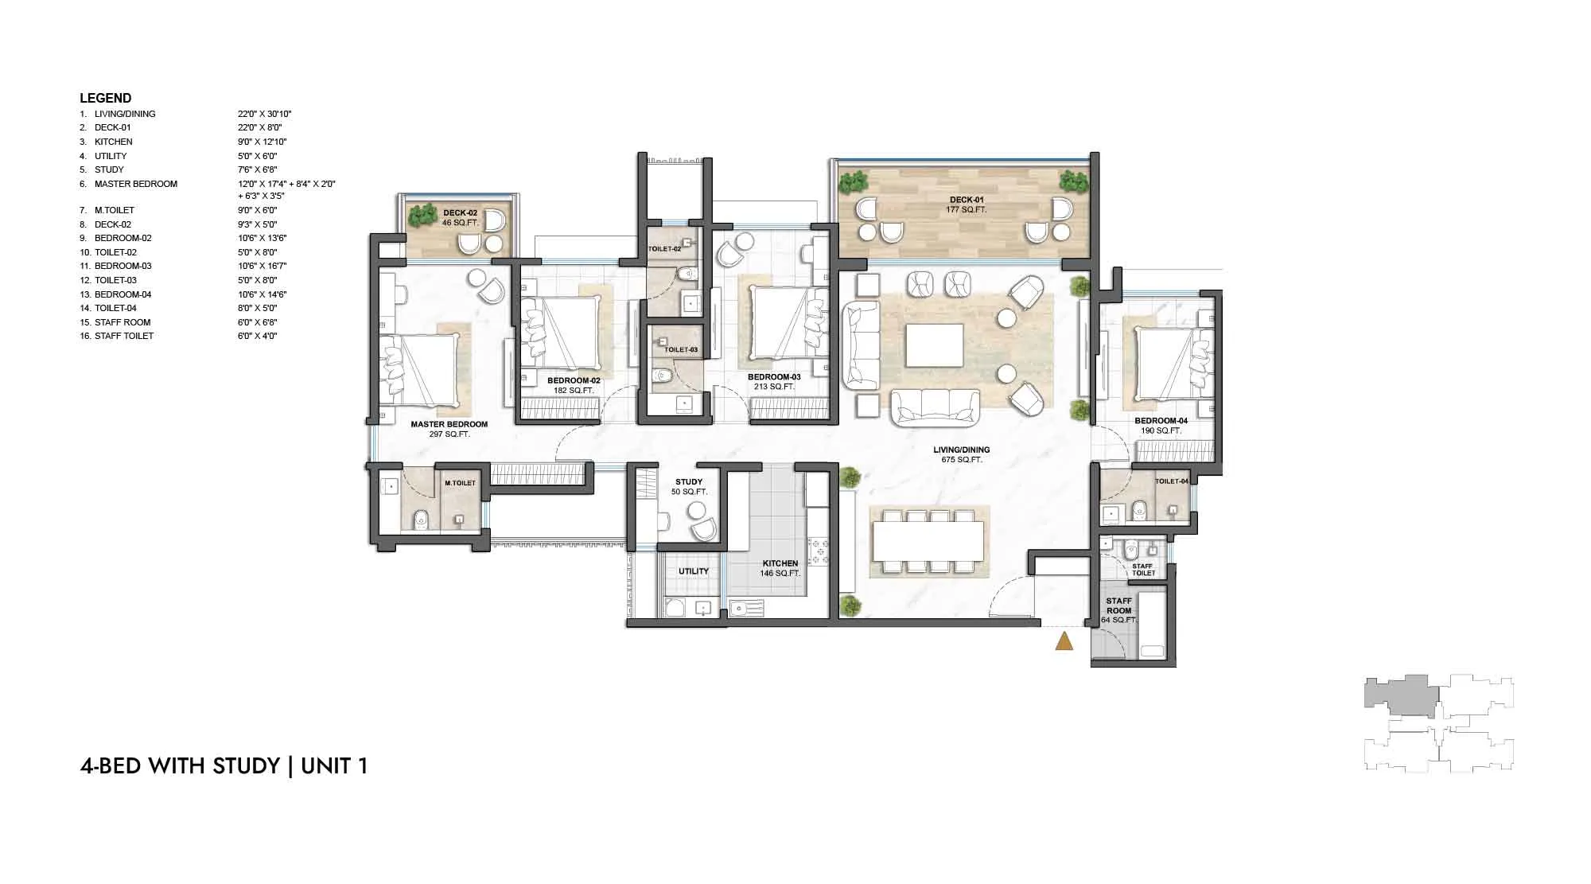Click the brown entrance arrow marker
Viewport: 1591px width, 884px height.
(1064, 641)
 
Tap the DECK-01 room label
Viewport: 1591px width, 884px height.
(967, 200)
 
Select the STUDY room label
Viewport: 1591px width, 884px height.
(689, 482)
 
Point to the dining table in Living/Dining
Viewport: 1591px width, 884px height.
(928, 541)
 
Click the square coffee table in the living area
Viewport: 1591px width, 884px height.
(934, 345)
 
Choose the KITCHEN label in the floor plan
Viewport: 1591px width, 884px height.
(780, 563)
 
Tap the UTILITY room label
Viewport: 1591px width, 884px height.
(693, 571)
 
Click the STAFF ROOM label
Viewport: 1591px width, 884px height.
(1118, 606)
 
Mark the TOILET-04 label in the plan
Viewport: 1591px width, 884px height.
(1171, 481)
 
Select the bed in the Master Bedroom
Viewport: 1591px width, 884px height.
(420, 368)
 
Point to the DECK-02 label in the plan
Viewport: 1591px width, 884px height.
(460, 213)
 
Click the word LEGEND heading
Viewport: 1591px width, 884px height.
(105, 99)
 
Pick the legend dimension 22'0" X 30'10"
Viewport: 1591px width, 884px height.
(264, 114)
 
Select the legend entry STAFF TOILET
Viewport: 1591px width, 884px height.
(124, 336)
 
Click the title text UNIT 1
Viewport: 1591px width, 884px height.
(334, 765)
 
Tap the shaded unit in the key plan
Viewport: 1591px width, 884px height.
(1400, 695)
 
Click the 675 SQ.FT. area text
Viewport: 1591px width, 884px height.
(961, 460)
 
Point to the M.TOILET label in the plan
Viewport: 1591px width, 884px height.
(460, 483)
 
